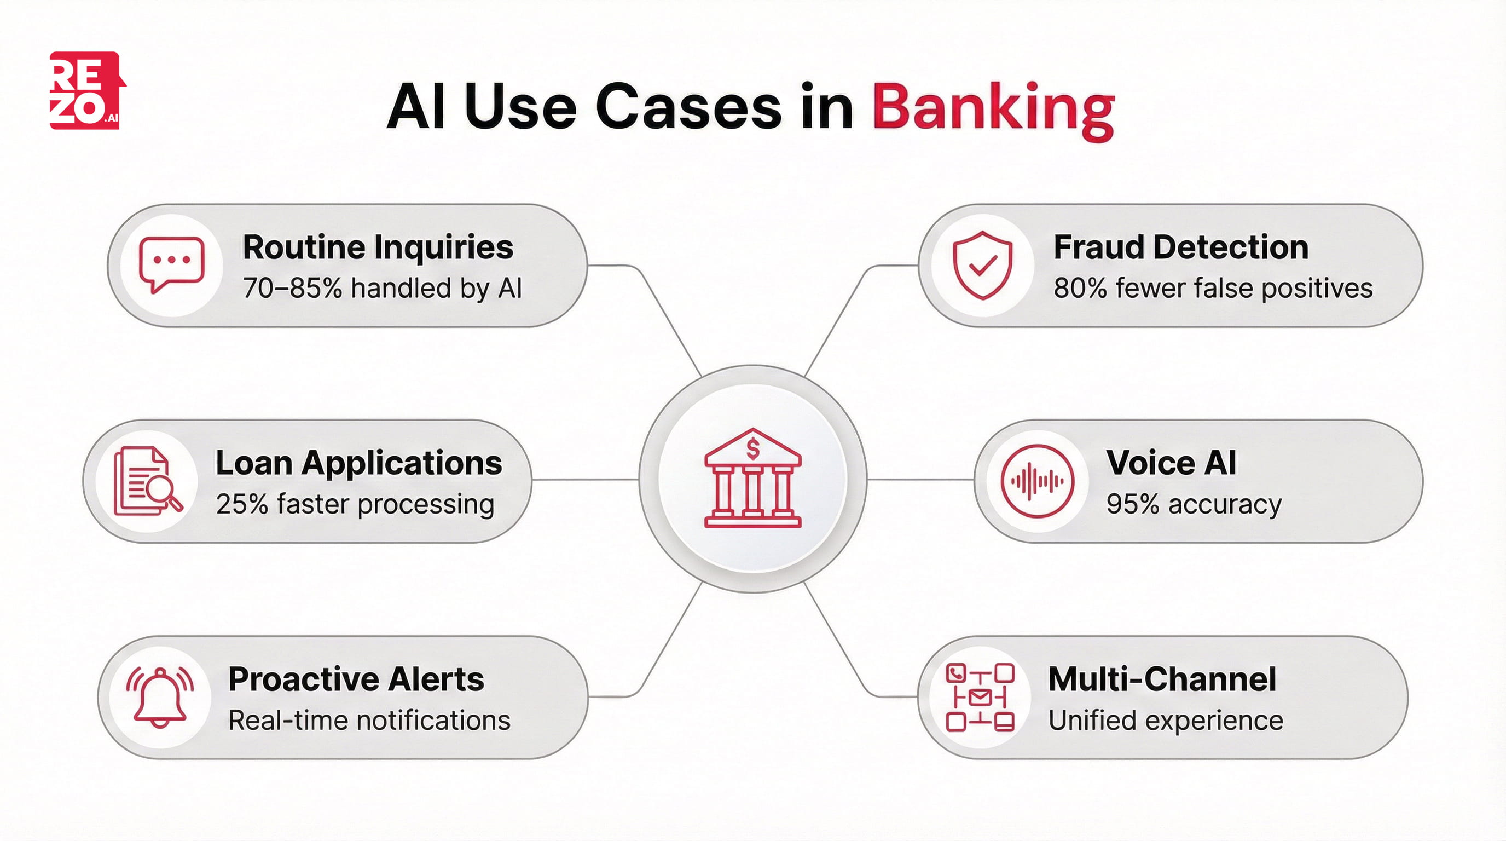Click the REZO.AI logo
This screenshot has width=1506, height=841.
point(86,91)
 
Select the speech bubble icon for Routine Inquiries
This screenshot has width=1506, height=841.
point(171,264)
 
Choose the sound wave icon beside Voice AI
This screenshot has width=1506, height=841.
point(1037,481)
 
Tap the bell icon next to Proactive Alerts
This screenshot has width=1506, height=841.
point(160,697)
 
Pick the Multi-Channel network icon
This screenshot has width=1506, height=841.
point(980,697)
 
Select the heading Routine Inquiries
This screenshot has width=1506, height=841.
point(378,247)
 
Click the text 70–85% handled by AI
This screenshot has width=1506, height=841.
point(383,289)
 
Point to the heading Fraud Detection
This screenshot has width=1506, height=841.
point(1180,247)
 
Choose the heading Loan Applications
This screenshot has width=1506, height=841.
point(358,463)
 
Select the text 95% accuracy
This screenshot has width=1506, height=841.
point(1193,504)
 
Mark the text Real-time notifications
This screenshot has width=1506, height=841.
point(369,721)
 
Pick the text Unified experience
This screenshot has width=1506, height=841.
point(1165,721)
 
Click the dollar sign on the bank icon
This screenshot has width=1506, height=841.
point(753,449)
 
